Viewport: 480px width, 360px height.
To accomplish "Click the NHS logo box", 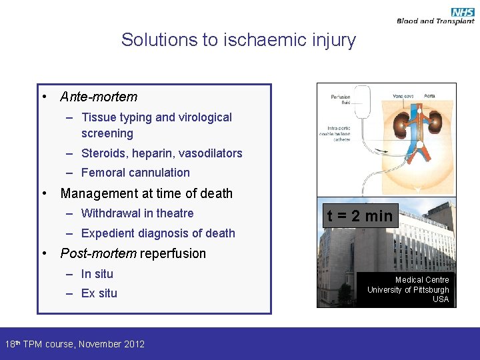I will click(x=463, y=11).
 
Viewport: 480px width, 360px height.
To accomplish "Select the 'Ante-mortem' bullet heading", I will click(x=99, y=97).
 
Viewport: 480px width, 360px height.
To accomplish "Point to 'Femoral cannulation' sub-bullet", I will click(x=135, y=173).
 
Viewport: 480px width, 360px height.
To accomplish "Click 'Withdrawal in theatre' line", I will click(x=137, y=213).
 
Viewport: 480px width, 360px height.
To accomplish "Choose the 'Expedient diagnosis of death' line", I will click(x=158, y=233).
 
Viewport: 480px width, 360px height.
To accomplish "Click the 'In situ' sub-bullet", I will click(x=97, y=274).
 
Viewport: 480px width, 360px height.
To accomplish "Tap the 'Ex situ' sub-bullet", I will click(x=99, y=293).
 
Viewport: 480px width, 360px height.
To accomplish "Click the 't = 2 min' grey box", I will click(x=359, y=216).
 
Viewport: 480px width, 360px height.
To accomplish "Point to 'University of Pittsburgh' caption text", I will click(x=408, y=290).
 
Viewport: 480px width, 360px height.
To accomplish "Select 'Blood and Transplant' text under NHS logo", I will click(x=435, y=21).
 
